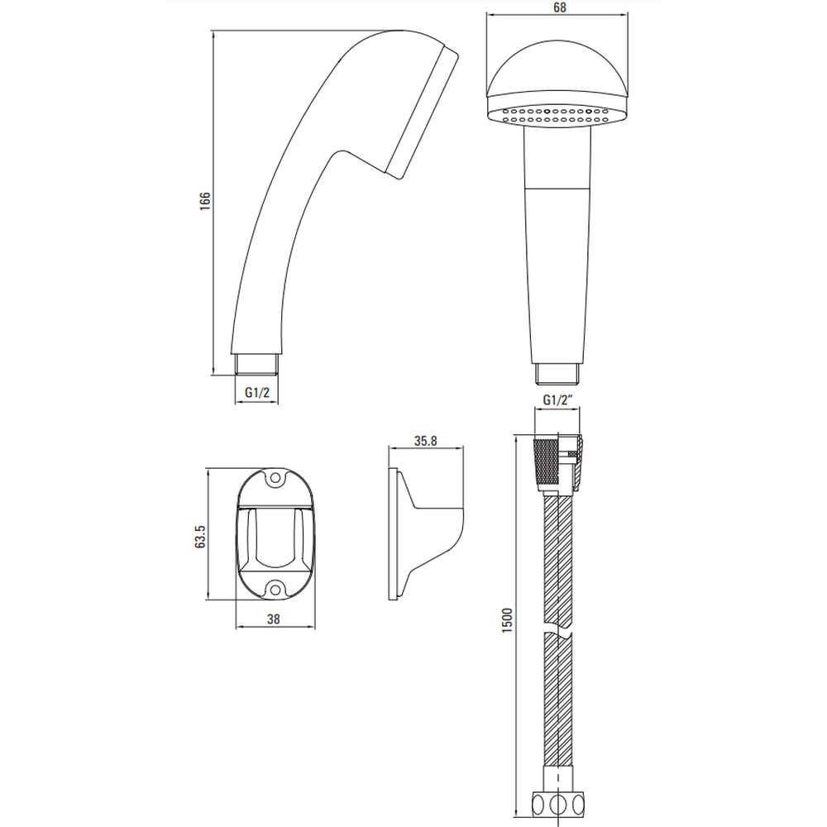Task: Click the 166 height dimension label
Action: pos(204,202)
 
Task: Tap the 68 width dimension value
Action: pos(560,7)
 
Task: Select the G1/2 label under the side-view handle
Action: pos(257,393)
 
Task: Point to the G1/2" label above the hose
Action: pos(558,400)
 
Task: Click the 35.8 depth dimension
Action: pos(425,441)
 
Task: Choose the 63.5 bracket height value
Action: pos(200,537)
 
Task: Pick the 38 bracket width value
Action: pos(273,619)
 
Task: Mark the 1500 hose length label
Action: pos(507,620)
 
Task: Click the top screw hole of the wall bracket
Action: pos(275,479)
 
